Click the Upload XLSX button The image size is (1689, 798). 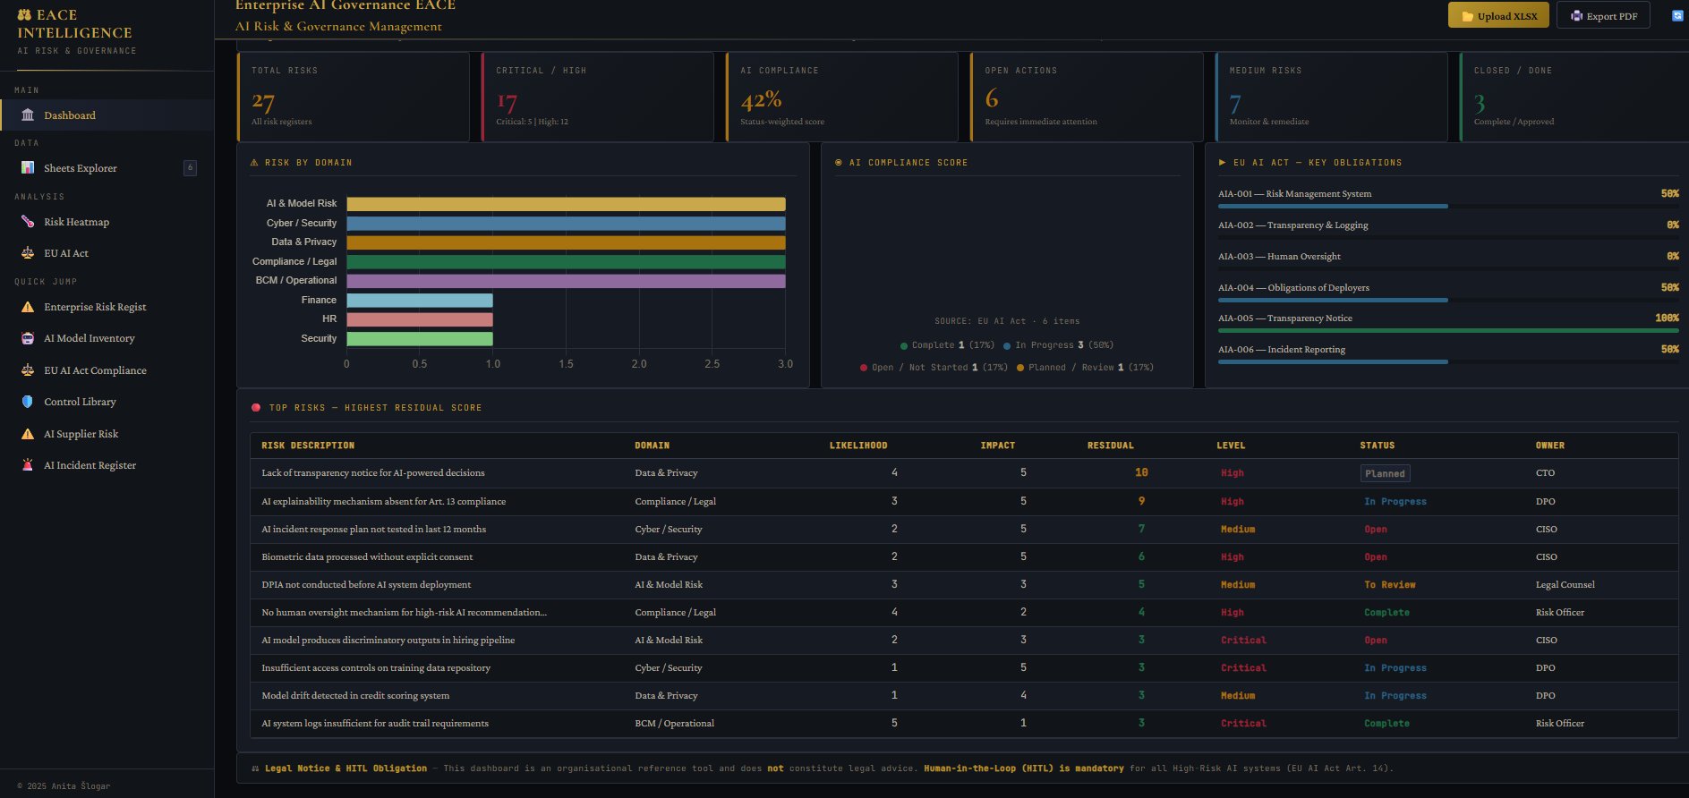click(x=1498, y=16)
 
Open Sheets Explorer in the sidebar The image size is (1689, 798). click(x=80, y=168)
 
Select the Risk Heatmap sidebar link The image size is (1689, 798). click(x=76, y=222)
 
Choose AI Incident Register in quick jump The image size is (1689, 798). click(x=90, y=465)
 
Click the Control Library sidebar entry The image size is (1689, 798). click(x=80, y=402)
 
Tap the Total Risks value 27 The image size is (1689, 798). click(x=263, y=101)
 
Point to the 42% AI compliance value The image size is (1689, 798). click(x=761, y=99)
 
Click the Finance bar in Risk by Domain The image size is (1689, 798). click(x=419, y=301)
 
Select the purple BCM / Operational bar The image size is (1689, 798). click(x=566, y=281)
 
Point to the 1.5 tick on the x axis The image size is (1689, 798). click(x=566, y=364)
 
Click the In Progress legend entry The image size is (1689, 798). click(x=1043, y=345)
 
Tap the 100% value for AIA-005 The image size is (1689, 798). click(x=1667, y=318)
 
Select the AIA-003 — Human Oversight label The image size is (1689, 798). click(x=1279, y=257)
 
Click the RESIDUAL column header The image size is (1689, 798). click(x=1110, y=446)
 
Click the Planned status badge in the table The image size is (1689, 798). click(x=1385, y=473)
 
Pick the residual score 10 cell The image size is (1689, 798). click(x=1141, y=472)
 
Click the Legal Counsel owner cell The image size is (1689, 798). click(x=1565, y=584)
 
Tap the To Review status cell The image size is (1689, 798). click(x=1389, y=584)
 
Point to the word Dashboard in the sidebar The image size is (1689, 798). click(x=70, y=115)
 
